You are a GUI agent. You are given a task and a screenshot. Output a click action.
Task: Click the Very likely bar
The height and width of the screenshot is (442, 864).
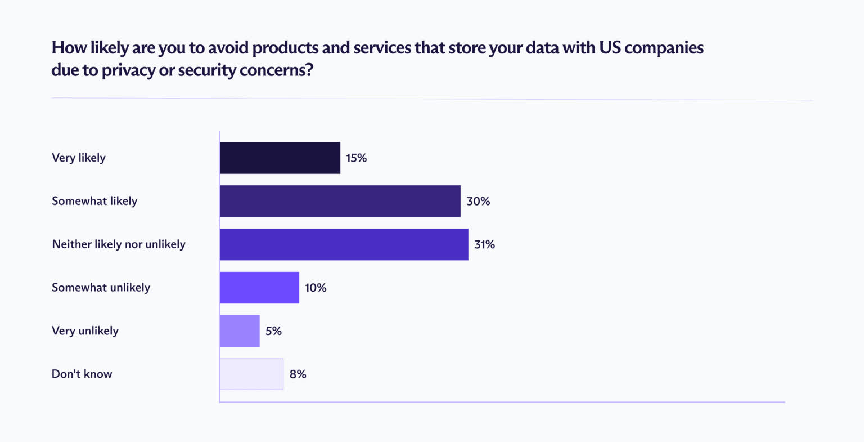[x=280, y=158]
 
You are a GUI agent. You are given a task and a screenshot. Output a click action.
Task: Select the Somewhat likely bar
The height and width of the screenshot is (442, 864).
[x=340, y=201]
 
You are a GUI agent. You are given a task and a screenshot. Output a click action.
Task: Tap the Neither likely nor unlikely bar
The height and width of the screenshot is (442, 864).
[x=344, y=244]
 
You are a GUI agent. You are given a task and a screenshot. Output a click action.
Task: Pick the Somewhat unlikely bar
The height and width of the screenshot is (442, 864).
[x=259, y=288]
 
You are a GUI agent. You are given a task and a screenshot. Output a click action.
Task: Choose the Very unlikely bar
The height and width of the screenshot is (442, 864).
[x=240, y=331]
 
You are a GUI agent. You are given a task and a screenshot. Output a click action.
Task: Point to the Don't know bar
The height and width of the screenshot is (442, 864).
[x=251, y=374]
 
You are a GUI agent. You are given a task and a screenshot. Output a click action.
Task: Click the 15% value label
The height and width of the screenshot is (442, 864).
[x=356, y=158]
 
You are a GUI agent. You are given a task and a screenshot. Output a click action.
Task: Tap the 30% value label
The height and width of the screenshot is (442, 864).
[x=478, y=201]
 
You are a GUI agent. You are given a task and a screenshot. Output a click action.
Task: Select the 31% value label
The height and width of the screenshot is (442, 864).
[x=484, y=244]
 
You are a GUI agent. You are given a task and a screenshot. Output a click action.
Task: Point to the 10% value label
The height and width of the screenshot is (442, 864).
[x=316, y=288]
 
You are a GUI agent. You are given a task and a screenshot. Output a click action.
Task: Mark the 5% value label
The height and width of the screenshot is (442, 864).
[x=273, y=331]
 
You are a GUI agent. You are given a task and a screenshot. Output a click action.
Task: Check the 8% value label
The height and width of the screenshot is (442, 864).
[x=298, y=374]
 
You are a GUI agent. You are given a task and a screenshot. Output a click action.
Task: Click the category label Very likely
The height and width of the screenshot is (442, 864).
[x=79, y=158]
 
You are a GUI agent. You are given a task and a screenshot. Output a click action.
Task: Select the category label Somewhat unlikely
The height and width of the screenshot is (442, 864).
[x=101, y=287]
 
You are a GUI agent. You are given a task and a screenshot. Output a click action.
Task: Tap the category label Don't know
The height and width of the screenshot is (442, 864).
[x=82, y=374]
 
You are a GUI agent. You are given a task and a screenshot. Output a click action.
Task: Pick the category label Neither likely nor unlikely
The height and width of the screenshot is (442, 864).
[x=119, y=244]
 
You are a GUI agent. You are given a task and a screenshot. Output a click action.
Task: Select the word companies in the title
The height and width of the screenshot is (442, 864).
[x=664, y=48]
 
